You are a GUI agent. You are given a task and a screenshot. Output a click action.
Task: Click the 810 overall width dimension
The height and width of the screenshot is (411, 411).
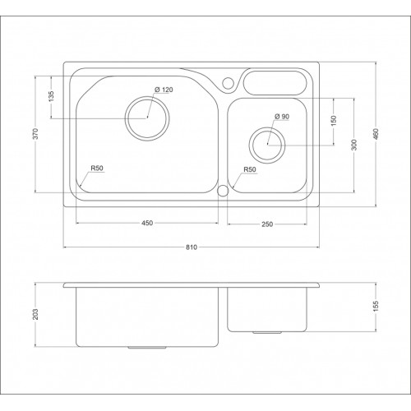(194, 244)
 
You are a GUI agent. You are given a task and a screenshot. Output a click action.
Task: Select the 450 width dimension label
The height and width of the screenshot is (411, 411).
(147, 223)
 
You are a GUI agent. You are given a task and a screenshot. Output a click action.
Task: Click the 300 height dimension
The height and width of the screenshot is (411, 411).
(354, 144)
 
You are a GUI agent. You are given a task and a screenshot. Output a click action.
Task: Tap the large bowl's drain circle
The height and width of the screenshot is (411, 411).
(148, 117)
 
